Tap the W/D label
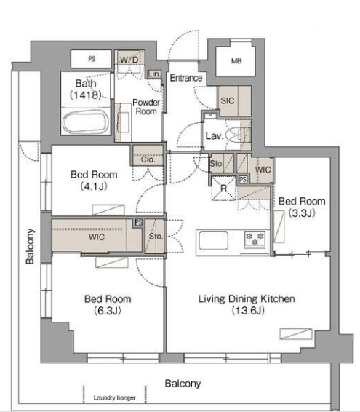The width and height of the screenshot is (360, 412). (129, 60)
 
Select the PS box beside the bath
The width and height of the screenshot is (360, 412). (92, 59)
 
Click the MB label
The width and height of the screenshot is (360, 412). (236, 61)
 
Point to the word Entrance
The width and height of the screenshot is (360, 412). (186, 78)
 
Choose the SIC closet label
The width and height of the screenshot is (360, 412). (228, 100)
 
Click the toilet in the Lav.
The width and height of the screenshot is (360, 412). (237, 135)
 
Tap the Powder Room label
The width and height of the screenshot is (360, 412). (146, 107)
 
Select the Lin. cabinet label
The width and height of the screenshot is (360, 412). (154, 74)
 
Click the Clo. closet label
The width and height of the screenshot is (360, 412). (148, 159)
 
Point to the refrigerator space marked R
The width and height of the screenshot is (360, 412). (223, 188)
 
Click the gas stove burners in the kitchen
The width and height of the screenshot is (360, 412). (255, 239)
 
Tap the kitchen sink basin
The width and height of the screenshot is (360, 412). (214, 240)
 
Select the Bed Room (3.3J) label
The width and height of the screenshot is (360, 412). (302, 207)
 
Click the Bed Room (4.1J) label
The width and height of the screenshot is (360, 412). (94, 181)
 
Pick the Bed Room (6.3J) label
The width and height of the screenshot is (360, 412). (108, 305)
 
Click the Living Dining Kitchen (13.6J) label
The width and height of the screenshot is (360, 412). (247, 305)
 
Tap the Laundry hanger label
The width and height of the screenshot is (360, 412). (114, 398)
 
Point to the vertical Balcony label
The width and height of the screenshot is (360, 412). (30, 246)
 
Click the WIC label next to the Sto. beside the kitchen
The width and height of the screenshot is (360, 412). (263, 170)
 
